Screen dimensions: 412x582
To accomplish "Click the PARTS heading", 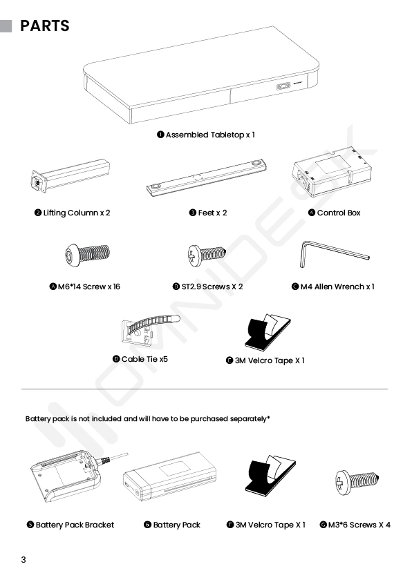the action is (44, 26).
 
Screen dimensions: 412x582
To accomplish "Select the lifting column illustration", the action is (71, 175).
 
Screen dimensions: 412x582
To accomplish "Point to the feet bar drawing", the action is (206, 177).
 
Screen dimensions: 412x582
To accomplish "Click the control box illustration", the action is (331, 172).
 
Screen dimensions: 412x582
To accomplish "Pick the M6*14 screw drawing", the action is (88, 254).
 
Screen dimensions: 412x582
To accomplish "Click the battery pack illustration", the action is (170, 476).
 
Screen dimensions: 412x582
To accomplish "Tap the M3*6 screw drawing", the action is (357, 482).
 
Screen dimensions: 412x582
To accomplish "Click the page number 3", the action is (24, 560).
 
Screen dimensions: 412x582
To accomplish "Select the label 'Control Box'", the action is (339, 213).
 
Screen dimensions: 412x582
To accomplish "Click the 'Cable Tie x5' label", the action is (144, 359).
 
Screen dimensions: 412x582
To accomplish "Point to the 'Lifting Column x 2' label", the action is (77, 213).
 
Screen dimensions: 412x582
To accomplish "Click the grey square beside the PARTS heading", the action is (6, 26).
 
